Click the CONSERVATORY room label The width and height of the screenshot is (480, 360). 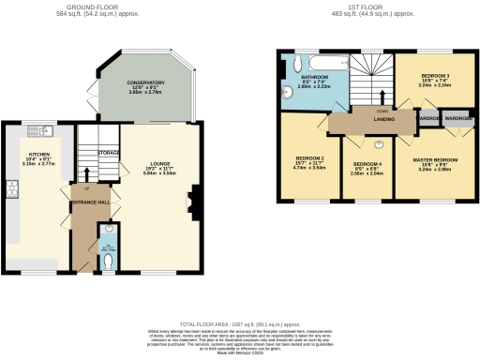(x=145, y=82)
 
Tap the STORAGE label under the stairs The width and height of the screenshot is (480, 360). (x=108, y=152)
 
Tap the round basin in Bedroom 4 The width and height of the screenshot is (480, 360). (x=380, y=144)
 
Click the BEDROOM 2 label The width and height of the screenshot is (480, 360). (x=309, y=158)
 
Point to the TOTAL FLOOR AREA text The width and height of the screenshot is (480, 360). (x=240, y=322)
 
